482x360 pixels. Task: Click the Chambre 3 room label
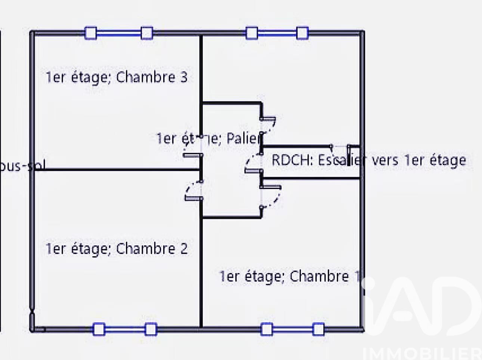(116, 77)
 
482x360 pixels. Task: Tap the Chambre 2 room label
(116, 249)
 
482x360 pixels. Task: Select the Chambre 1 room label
(290, 277)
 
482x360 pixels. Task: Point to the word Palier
(243, 139)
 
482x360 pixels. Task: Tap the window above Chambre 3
(118, 33)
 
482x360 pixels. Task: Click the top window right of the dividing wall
(277, 33)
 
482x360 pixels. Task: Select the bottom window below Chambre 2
(124, 329)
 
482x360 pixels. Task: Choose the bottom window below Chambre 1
(292, 329)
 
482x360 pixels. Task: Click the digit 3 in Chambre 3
(183, 77)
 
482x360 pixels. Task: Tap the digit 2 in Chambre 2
(183, 249)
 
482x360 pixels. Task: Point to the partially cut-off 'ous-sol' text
(22, 166)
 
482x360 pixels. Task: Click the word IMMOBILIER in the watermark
(422, 353)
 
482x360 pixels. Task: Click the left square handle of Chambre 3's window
(91, 33)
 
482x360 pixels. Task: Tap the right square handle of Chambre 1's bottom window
(318, 329)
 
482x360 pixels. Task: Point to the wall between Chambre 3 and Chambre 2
(116, 170)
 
